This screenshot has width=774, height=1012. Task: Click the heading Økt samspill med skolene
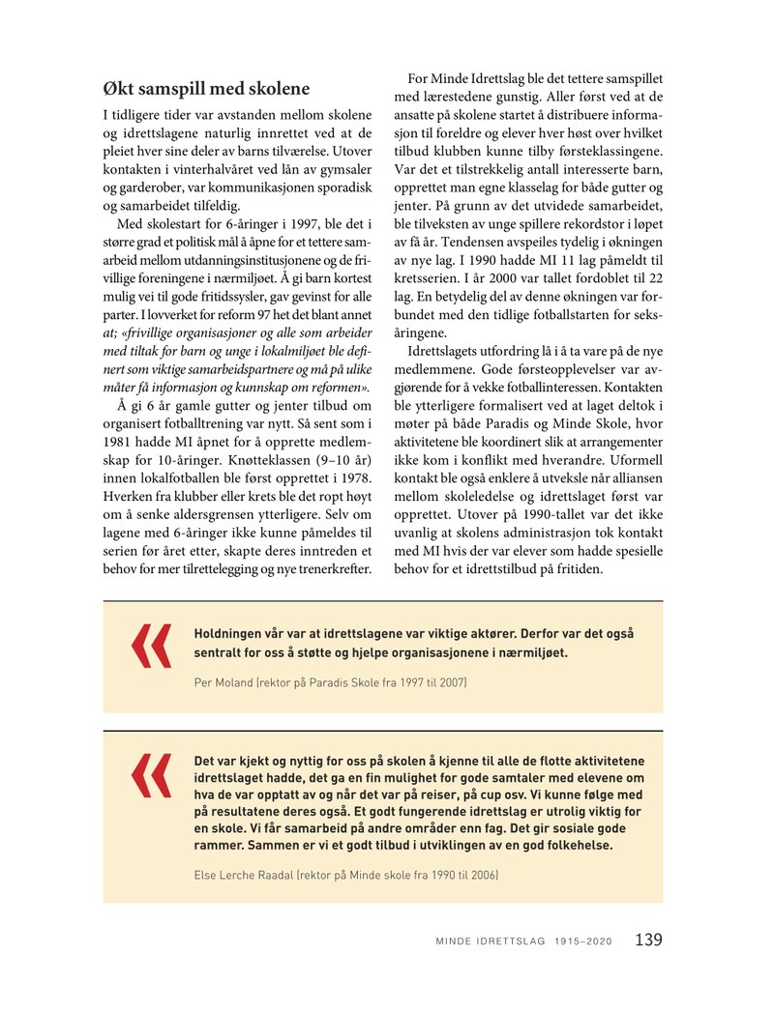click(x=206, y=89)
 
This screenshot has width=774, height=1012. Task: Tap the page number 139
click(x=648, y=940)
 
